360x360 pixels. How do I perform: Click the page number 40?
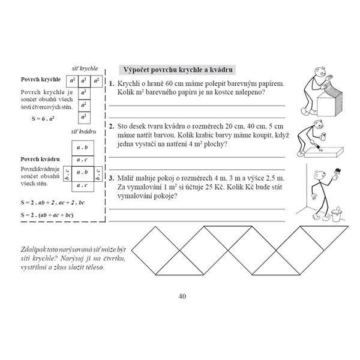point(182,296)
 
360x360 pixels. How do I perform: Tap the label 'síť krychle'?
point(85,69)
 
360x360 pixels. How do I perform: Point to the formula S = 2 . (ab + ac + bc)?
point(47,214)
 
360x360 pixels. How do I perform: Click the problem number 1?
point(112,83)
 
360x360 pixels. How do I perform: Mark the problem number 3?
point(112,179)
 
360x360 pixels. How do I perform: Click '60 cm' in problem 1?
point(167,83)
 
